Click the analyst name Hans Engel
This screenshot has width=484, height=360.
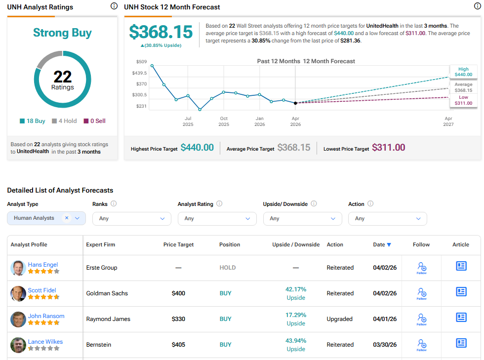(43, 265)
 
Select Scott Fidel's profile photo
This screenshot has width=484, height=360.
(18, 293)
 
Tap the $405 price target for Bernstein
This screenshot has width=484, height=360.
(178, 345)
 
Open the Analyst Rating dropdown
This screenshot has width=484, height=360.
(217, 218)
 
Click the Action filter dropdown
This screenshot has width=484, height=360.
(387, 218)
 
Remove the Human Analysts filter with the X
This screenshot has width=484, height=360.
(67, 218)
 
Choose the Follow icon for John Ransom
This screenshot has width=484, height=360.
(421, 319)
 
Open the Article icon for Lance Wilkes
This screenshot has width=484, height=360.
(461, 343)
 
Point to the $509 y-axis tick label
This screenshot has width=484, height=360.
(141, 62)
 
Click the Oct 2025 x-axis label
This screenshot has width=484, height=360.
(224, 121)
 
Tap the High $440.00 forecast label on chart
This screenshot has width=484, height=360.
(463, 72)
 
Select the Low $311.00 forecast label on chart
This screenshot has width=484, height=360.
(463, 101)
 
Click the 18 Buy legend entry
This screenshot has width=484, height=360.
(33, 121)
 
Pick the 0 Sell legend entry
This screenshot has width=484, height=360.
(94, 121)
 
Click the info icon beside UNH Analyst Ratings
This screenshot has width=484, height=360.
(114, 6)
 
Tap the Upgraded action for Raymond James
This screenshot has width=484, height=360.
(340, 319)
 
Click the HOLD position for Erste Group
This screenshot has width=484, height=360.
(228, 268)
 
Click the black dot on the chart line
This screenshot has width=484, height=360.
(295, 103)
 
